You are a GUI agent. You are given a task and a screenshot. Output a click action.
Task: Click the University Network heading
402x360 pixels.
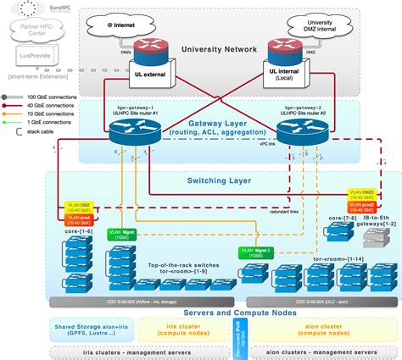click(218, 50)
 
